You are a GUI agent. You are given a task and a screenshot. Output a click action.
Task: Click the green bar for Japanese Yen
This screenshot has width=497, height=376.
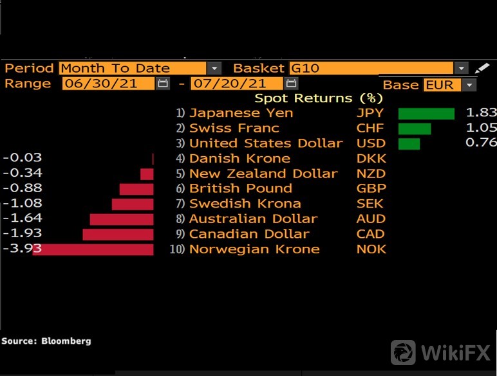(426, 114)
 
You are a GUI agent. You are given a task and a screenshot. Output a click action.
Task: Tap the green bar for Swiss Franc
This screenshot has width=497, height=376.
(415, 129)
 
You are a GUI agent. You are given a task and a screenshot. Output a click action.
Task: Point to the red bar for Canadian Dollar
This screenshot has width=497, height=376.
(118, 235)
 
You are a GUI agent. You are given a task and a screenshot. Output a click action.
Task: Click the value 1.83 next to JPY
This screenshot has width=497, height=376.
(481, 113)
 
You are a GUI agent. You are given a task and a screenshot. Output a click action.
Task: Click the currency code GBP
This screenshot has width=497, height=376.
(371, 189)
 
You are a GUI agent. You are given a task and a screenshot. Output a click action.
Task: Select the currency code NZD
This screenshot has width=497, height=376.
(371, 174)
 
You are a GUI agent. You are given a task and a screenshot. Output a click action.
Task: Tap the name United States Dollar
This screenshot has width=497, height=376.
(266, 143)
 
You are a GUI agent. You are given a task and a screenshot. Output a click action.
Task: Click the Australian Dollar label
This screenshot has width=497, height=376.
(253, 219)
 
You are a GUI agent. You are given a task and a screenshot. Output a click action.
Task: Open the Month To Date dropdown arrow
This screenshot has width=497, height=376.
(214, 68)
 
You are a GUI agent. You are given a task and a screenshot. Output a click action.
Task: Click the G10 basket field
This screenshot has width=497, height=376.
(370, 68)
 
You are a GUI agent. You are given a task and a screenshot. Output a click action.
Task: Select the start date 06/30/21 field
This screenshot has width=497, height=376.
(108, 84)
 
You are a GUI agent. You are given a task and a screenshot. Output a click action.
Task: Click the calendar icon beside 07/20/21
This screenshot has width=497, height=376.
(291, 84)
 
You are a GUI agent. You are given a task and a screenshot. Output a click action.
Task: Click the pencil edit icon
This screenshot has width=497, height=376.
(482, 68)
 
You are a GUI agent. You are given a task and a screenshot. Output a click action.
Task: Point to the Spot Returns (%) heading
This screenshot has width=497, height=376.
(319, 98)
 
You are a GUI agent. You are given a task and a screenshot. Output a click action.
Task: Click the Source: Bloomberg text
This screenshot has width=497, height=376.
(46, 341)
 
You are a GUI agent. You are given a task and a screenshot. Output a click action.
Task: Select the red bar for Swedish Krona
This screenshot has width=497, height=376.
(133, 204)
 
